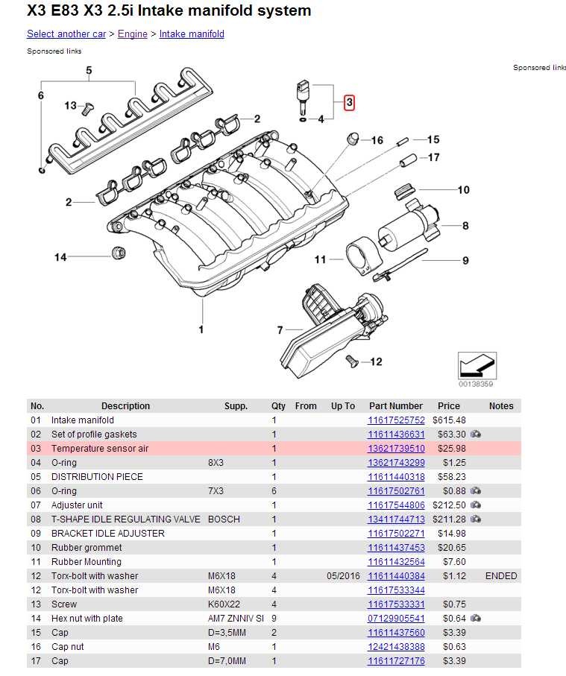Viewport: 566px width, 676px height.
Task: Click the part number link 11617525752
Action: click(396, 420)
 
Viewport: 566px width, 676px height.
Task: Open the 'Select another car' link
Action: click(66, 34)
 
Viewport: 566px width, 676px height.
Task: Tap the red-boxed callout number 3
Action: click(349, 103)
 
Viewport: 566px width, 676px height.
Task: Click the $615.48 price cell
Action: click(449, 420)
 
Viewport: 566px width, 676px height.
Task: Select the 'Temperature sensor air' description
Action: click(99, 449)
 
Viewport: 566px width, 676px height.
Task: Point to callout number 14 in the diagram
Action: click(60, 257)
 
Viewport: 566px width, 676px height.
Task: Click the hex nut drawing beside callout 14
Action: click(116, 252)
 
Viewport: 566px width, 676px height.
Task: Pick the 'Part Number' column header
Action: click(395, 406)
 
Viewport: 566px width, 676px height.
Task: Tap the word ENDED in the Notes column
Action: click(501, 576)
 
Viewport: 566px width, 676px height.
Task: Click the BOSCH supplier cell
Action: click(224, 519)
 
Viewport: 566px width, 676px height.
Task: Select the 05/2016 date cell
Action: click(342, 576)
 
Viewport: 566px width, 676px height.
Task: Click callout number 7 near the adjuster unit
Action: click(280, 330)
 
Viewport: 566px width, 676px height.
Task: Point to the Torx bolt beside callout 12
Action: click(351, 361)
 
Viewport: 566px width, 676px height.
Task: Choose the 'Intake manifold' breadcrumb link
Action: click(192, 34)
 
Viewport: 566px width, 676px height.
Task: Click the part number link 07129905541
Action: click(396, 619)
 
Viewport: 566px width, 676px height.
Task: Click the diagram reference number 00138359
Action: click(477, 385)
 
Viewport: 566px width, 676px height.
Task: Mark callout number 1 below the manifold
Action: click(201, 329)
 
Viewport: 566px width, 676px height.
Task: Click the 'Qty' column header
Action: click(278, 406)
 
